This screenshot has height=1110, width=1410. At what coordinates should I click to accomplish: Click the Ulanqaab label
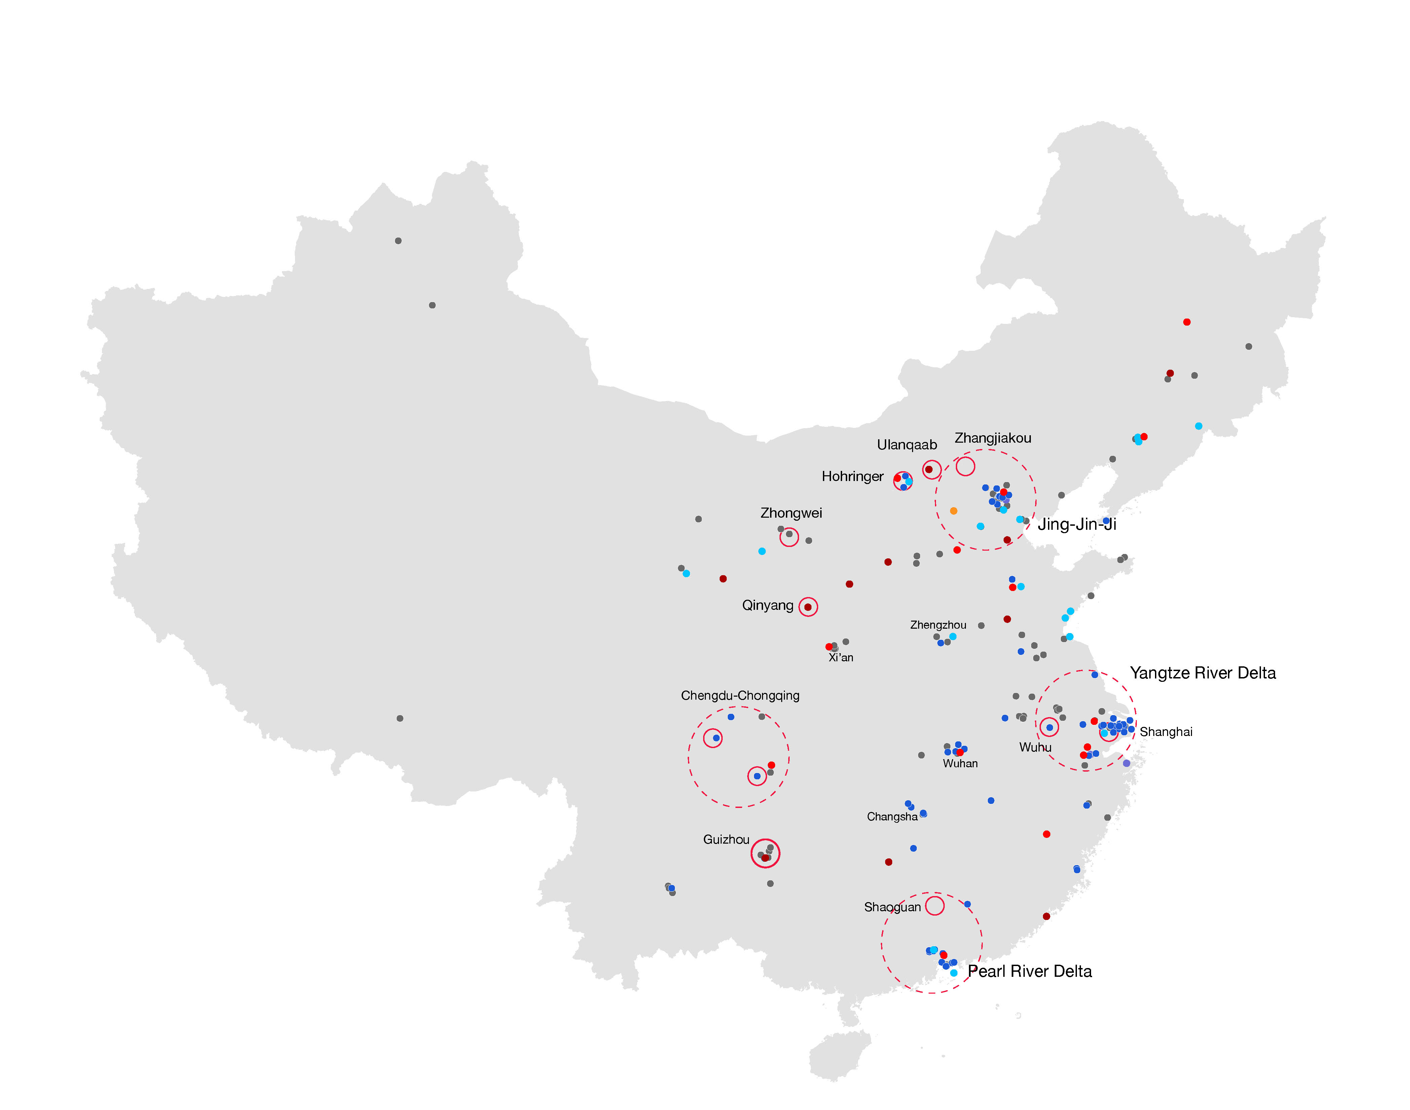[x=907, y=445]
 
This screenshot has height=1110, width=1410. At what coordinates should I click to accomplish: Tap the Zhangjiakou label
[x=993, y=438]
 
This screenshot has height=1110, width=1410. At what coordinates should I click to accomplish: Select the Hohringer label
[x=852, y=476]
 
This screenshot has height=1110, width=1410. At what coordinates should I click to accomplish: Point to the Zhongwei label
[x=791, y=513]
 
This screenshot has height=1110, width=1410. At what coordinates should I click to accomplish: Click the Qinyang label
[x=768, y=605]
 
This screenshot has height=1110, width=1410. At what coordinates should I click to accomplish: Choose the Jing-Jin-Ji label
[x=1077, y=524]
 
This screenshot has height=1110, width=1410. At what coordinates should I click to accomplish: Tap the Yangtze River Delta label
[x=1203, y=673]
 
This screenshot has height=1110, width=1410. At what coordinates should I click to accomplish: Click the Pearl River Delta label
[x=1030, y=971]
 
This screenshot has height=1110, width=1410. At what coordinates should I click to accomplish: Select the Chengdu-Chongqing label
[x=740, y=695]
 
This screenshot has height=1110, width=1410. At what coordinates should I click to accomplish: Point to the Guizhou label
[x=726, y=840]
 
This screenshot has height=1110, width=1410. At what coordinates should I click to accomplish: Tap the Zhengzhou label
[x=938, y=625]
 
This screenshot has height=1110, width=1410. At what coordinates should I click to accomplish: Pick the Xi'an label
[x=840, y=658]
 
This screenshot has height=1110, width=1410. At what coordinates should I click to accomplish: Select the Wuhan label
[x=960, y=764]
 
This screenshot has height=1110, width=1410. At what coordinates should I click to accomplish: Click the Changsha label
[x=892, y=817]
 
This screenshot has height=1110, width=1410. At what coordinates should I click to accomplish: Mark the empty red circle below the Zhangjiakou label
[x=965, y=466]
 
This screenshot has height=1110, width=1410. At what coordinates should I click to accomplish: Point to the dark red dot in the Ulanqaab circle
[x=929, y=469]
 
